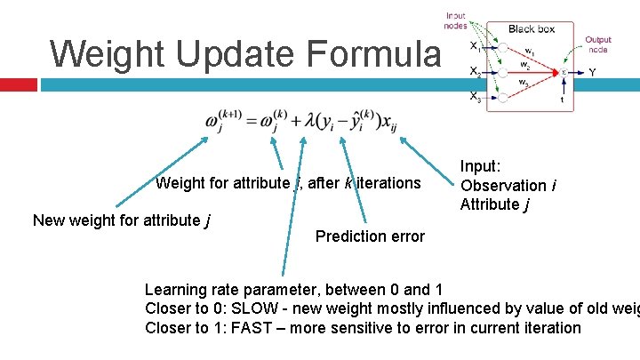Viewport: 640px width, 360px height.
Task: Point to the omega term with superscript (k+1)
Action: click(x=219, y=121)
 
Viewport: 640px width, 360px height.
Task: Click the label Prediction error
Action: click(x=370, y=236)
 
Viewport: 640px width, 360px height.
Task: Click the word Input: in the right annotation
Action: click(x=481, y=165)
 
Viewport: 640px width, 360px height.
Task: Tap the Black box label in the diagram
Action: click(x=531, y=29)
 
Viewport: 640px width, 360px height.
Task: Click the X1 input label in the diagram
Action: click(x=477, y=48)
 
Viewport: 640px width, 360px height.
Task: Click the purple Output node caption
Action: click(x=597, y=44)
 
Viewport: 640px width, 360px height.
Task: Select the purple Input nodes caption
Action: click(x=455, y=20)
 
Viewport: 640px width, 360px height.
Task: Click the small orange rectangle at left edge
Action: click(x=19, y=84)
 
